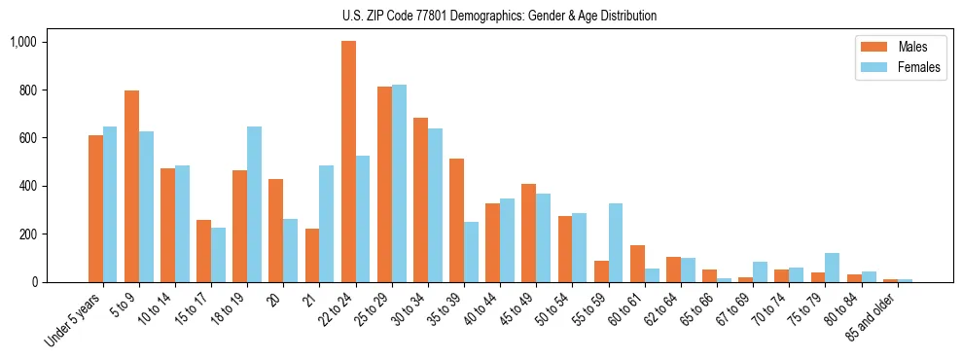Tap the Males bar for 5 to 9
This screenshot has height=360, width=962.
point(131,186)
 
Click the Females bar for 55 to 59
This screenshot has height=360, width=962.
point(616,242)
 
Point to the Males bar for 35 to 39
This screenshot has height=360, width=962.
point(456,220)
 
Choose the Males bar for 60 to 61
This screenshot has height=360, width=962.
point(637,264)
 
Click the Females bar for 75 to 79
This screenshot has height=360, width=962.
point(833,268)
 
